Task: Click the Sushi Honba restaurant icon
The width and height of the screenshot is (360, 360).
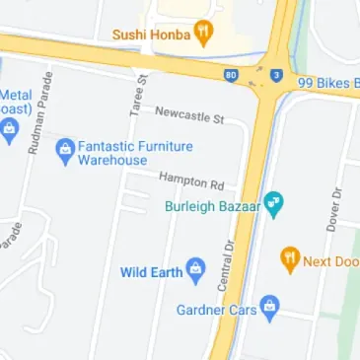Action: pyautogui.click(x=204, y=31)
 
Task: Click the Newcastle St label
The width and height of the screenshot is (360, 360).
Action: pyautogui.click(x=189, y=114)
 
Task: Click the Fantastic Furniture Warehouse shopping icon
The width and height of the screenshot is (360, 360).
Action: pyautogui.click(x=65, y=151)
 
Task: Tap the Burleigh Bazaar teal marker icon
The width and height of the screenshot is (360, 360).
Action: pyautogui.click(x=276, y=206)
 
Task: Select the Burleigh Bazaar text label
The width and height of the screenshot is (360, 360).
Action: pyautogui.click(x=214, y=207)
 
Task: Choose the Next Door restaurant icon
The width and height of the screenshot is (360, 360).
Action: pyautogui.click(x=290, y=260)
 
